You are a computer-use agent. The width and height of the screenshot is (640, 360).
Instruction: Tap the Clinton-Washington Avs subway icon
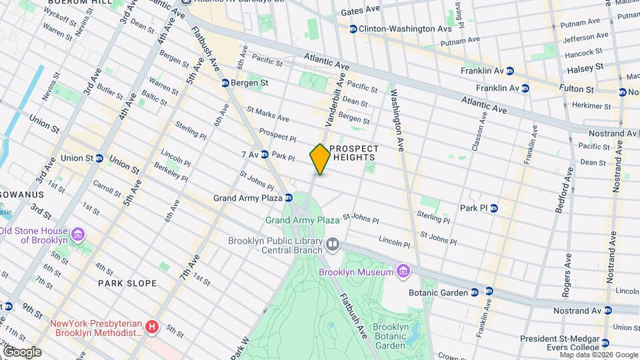tap(353, 29)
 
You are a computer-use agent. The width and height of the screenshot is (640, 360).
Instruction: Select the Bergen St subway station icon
tap(225, 83)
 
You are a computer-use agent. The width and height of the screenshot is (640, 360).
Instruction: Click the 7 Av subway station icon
tap(264, 155)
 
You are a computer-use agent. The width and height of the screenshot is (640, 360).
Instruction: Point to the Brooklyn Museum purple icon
tap(402, 271)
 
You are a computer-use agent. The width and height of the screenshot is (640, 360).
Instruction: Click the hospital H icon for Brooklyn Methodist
tap(152, 327)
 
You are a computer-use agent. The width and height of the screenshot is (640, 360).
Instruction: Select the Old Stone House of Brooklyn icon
tap(78, 235)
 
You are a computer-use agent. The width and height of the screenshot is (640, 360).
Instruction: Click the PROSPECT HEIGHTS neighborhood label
tap(353, 153)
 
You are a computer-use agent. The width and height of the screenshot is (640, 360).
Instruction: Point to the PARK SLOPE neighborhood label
tap(127, 283)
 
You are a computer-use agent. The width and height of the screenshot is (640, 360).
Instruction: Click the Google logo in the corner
tap(21, 351)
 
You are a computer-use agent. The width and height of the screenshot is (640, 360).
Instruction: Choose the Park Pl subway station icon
tap(494, 208)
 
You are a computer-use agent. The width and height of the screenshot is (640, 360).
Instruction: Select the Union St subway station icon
tap(99, 158)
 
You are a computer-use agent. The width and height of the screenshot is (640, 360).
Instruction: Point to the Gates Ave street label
tap(360, 12)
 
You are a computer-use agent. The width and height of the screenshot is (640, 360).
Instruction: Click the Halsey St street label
tap(585, 68)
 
